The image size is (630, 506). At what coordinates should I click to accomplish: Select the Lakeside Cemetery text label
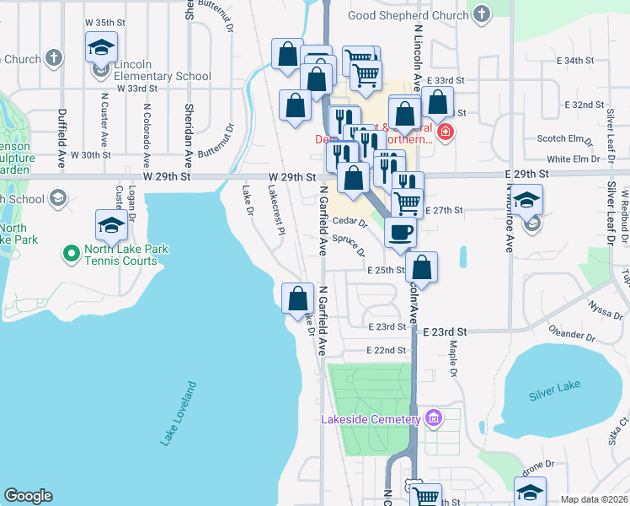click(371, 420)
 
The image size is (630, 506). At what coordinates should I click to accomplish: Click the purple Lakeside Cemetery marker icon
click(433, 417)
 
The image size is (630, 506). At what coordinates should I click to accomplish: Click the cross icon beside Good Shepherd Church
click(481, 13)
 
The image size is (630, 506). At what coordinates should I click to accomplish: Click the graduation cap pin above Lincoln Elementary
click(102, 49)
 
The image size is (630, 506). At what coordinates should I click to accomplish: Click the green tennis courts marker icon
click(72, 250)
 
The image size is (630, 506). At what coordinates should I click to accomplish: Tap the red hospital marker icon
click(445, 132)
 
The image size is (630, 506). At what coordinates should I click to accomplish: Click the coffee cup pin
click(401, 231)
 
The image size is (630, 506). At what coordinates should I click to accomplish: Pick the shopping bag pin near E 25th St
click(423, 268)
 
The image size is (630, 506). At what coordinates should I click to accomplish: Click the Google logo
click(28, 496)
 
